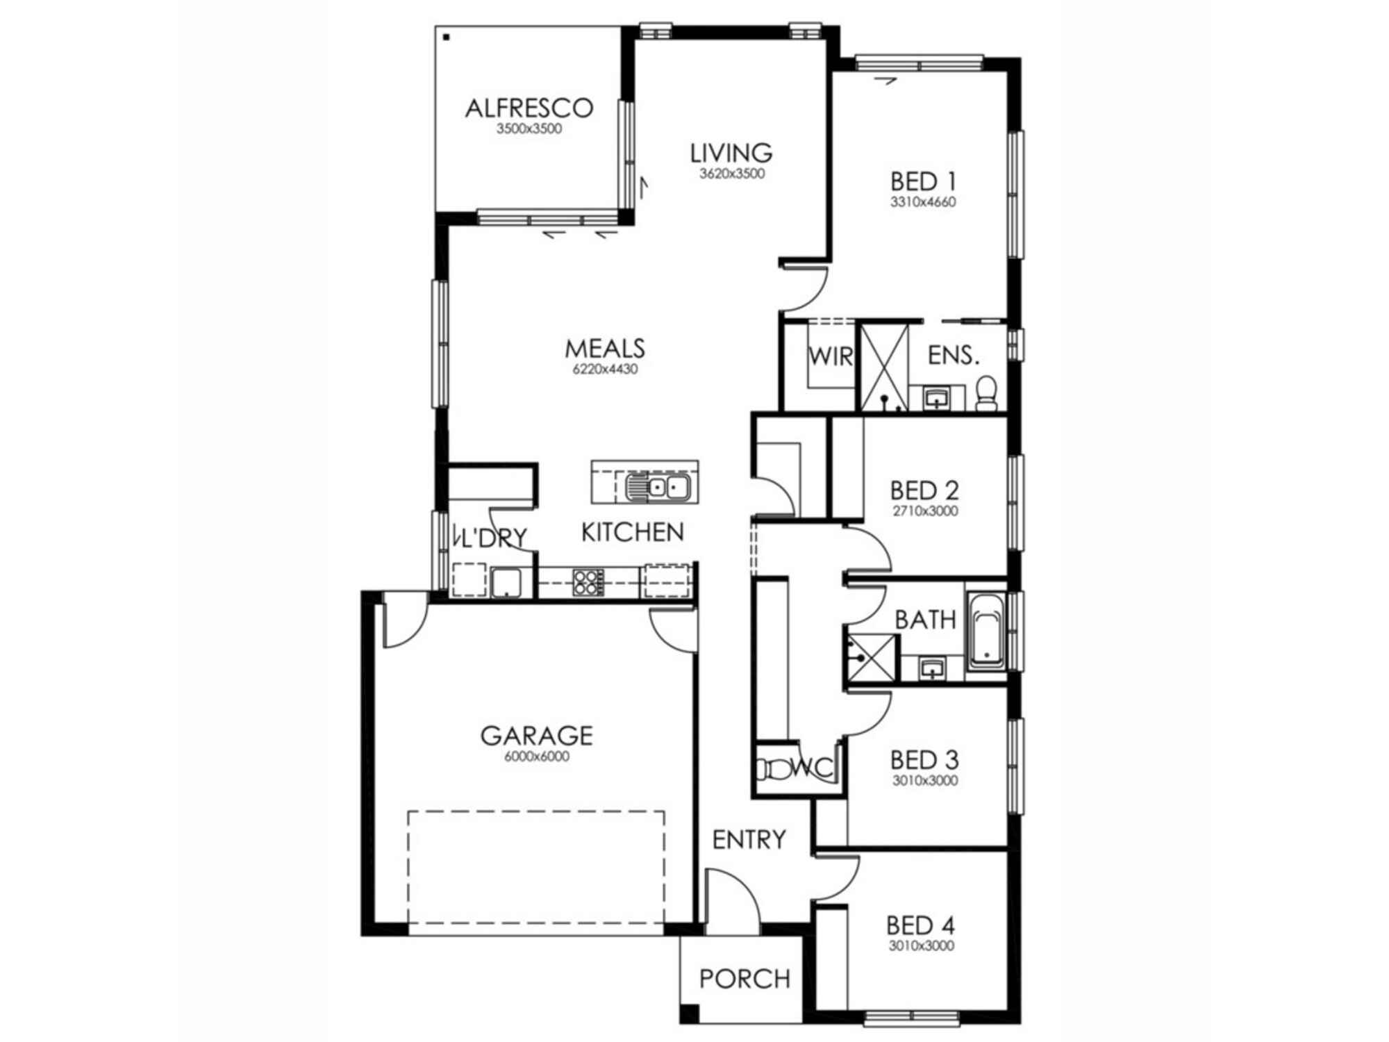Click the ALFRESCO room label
coord(529,108)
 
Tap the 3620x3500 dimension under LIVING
coord(731,174)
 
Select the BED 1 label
coord(923,182)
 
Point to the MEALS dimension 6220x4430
coord(605,370)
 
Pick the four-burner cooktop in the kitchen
coord(588,582)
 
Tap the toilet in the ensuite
coord(986,393)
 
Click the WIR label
coord(831,356)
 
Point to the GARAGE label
coord(536,736)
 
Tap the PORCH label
coord(745,979)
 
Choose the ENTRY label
coord(749,840)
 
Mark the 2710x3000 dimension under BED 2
coord(924,511)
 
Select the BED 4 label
coord(921,926)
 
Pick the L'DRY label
coord(490,538)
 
